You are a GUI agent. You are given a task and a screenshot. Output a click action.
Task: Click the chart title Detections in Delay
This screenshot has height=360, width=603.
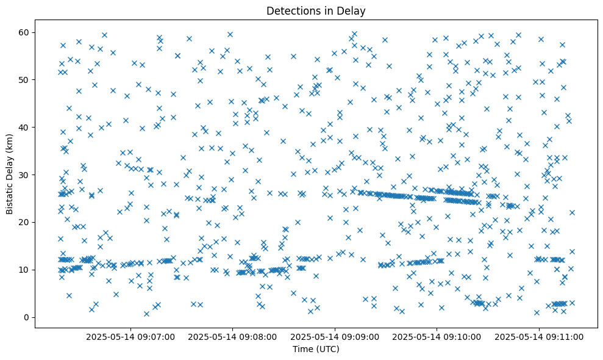[316, 11]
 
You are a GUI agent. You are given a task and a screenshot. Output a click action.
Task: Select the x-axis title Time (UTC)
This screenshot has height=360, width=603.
[316, 349]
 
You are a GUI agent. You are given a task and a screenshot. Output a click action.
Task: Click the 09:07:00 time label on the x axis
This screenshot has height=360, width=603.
[130, 336]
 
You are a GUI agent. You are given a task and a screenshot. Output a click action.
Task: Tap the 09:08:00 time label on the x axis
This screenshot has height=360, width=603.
[232, 336]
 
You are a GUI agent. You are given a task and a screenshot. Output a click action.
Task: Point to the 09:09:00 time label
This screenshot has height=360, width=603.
[335, 336]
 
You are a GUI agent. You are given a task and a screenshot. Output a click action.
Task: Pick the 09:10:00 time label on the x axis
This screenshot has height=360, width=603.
[437, 336]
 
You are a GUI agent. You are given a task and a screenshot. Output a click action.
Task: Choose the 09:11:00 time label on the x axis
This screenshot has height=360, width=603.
[539, 336]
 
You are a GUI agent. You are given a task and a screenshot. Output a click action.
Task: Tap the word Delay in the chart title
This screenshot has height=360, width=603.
[353, 11]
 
